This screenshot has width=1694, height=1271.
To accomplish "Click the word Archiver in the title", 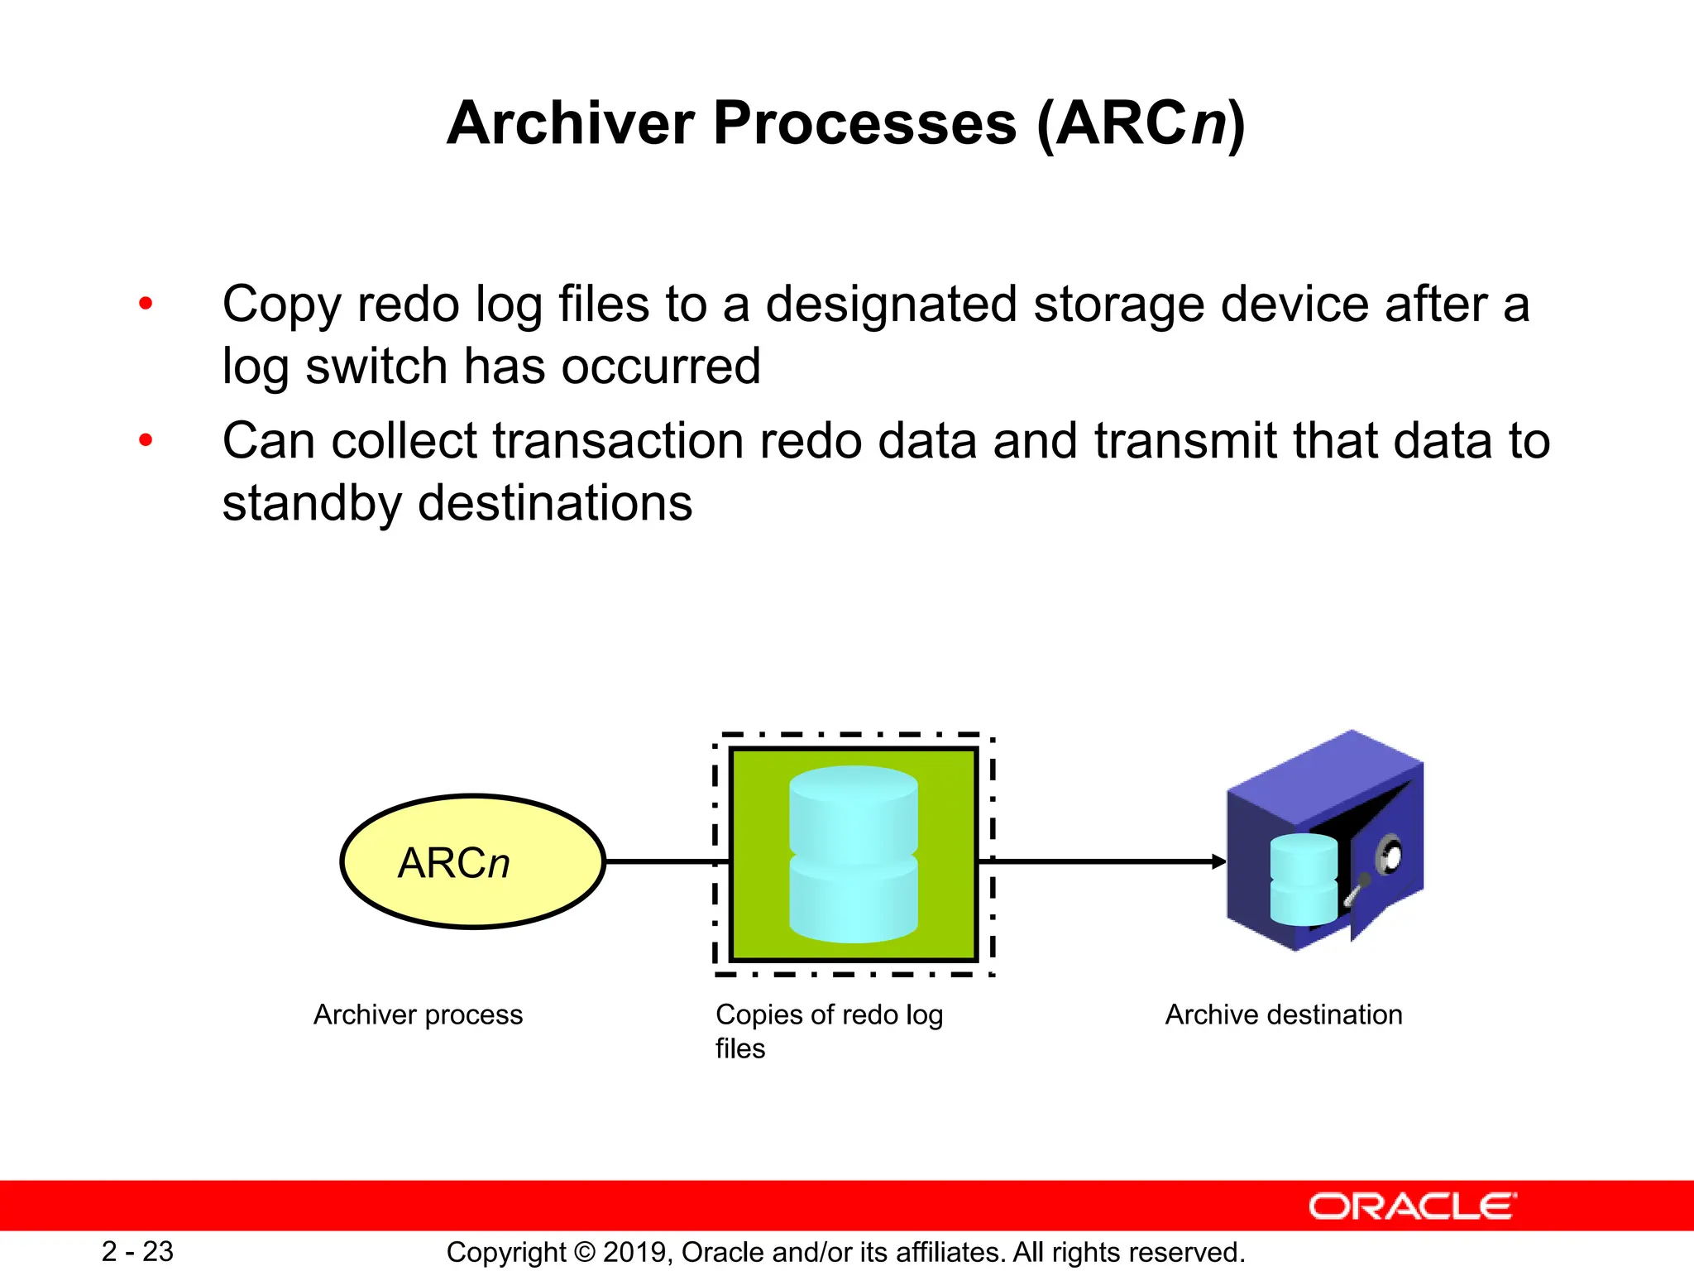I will click(x=571, y=124).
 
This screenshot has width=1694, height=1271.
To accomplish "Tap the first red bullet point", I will click(x=146, y=304).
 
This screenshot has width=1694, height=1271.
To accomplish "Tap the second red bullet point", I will click(x=146, y=440).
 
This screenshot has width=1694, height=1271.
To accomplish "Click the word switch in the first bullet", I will click(x=376, y=367).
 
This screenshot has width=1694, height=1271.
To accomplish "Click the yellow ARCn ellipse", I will click(x=472, y=862).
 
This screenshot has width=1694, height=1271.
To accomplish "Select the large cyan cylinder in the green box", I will click(x=854, y=854).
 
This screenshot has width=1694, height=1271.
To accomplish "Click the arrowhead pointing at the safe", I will click(x=1219, y=861).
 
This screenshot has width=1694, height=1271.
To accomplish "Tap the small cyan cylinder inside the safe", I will click(x=1303, y=880).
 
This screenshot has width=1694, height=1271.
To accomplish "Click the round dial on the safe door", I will click(x=1390, y=855).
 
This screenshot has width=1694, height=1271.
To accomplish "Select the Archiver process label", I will click(x=418, y=1014).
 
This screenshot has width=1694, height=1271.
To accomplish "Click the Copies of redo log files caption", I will click(x=828, y=1030).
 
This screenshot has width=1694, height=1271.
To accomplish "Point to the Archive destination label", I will click(x=1283, y=1014).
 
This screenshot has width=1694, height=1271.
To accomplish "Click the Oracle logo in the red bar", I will click(x=1412, y=1206).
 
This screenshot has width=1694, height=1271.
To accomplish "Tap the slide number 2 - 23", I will click(x=137, y=1251).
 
